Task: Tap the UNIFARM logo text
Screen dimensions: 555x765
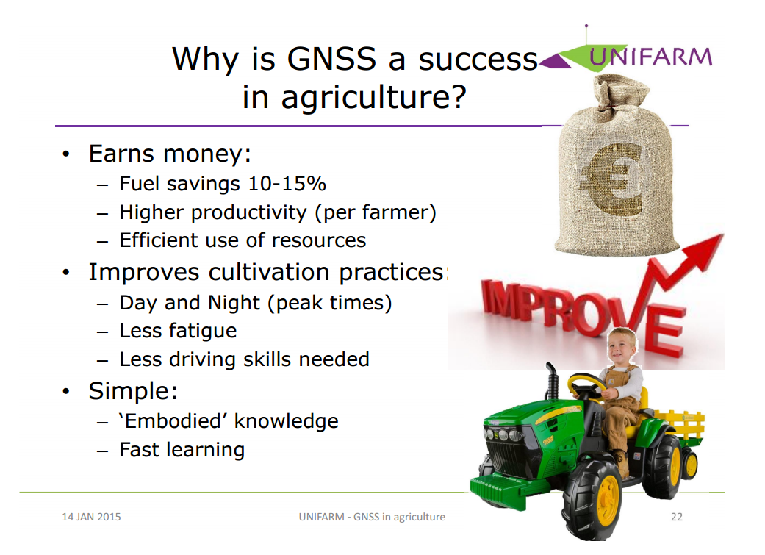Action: tap(650, 57)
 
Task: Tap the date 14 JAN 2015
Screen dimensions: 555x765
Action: tap(91, 517)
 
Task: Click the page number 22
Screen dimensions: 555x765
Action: tap(677, 517)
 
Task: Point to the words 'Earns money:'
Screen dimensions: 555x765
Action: tap(170, 154)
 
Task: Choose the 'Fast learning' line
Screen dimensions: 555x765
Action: tap(182, 450)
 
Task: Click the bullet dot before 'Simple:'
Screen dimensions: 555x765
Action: tap(67, 392)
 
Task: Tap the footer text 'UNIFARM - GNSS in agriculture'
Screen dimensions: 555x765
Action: tap(372, 517)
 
